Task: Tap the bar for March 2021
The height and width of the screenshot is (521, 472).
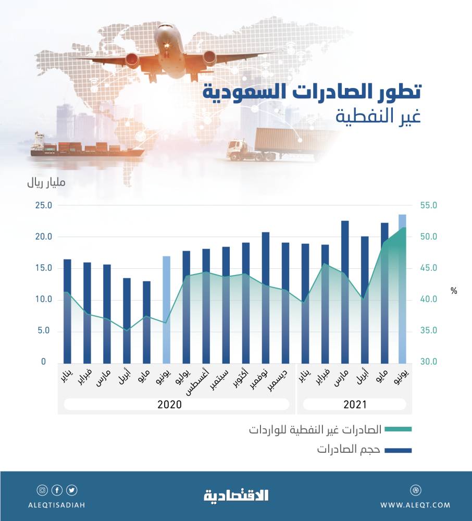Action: click(344, 291)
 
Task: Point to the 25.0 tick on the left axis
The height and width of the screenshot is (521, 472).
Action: click(43, 206)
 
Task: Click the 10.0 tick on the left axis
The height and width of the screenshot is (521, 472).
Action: click(43, 300)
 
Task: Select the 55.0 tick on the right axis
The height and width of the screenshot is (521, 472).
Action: click(433, 206)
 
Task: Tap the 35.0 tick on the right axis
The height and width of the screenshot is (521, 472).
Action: click(433, 331)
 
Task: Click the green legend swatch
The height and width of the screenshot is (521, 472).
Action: click(399, 429)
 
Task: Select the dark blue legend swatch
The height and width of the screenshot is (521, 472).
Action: click(399, 449)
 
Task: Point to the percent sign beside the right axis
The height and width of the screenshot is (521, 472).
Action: click(454, 291)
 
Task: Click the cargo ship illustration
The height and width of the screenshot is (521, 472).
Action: click(83, 147)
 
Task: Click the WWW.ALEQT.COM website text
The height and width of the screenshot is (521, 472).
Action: click(415, 505)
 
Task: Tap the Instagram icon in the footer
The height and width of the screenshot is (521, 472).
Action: click(42, 490)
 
